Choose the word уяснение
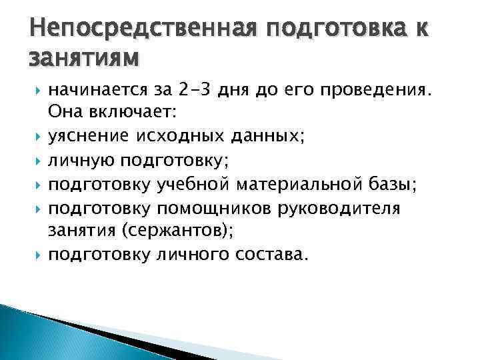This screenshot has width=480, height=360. (x=89, y=137)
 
